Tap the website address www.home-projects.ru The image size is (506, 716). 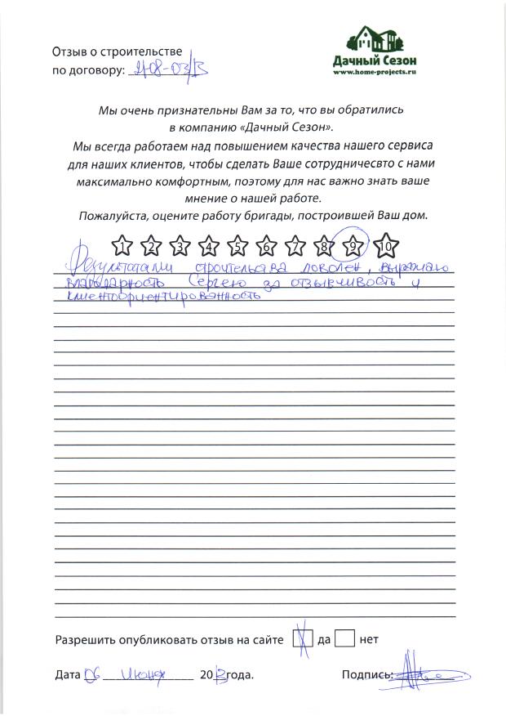coord(375,72)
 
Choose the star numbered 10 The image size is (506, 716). coord(386,244)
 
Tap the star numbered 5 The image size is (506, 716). coord(237,244)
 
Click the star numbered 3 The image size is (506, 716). coord(180,244)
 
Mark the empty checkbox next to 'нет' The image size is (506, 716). coord(345,638)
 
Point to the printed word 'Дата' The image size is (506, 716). coord(68,677)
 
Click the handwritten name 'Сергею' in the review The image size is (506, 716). coord(215,282)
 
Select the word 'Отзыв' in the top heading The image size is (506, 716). coord(69,51)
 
